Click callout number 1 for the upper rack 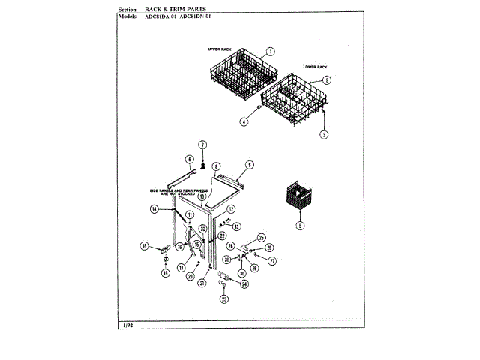[270, 52]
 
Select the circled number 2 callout [328, 79]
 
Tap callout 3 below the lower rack [324, 134]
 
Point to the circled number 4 [244, 121]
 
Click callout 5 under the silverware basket [300, 225]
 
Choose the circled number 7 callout [202, 144]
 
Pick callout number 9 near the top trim [250, 164]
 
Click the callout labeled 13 [237, 226]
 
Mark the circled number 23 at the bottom [223, 299]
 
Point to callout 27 [272, 260]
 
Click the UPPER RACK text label [219, 49]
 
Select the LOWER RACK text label [315, 67]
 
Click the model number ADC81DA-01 [160, 16]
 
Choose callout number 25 [262, 238]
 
